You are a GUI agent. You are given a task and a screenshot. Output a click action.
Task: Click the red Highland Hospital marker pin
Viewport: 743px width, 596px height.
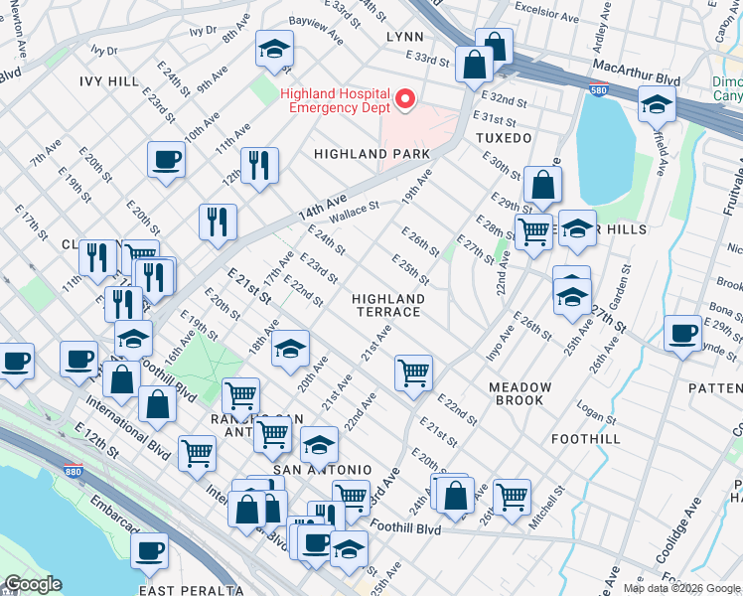pos(405,98)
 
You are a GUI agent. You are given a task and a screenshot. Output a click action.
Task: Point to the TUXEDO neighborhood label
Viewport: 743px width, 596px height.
pos(504,138)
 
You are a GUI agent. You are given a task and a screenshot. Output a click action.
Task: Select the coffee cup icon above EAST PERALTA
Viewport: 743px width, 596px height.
pos(150,549)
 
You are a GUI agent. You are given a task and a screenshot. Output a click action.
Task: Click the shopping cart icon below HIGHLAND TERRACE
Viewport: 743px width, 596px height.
pos(413,373)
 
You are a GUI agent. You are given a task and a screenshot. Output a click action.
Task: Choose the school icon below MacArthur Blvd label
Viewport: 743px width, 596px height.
pos(657,103)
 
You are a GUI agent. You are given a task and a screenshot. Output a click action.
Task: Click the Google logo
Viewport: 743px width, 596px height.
pos(33,584)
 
